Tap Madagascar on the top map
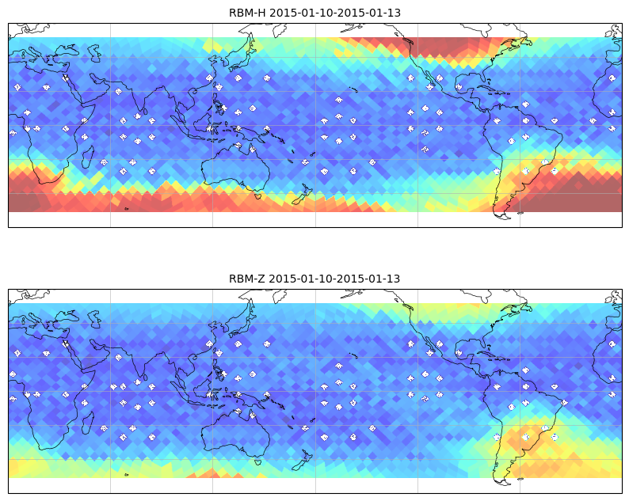click(88, 158)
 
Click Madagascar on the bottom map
click(88, 423)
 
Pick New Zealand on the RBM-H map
click(303, 195)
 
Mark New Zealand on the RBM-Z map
click(303, 460)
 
